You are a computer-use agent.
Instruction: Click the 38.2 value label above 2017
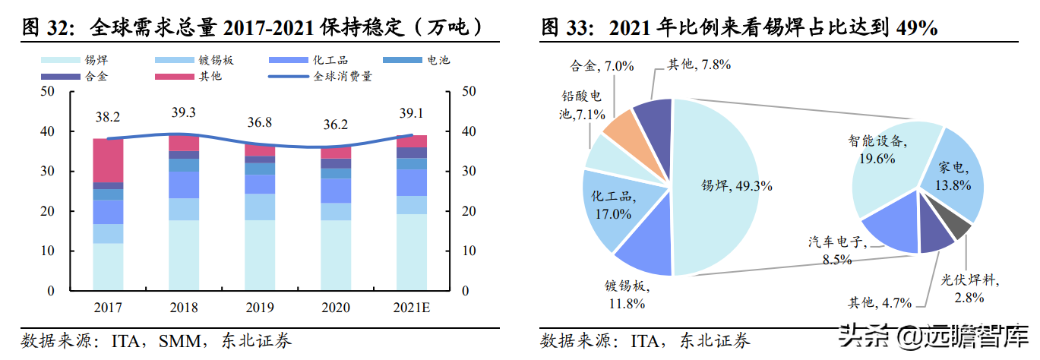click(108, 118)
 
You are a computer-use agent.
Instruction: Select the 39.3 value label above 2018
click(184, 112)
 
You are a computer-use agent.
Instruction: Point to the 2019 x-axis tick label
click(260, 308)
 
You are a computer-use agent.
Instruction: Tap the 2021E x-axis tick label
click(412, 308)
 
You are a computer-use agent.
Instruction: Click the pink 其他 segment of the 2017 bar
click(108, 160)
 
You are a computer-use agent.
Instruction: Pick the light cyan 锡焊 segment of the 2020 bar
click(336, 255)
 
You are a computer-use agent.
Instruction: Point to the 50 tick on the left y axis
click(49, 92)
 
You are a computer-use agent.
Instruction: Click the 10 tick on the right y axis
click(469, 251)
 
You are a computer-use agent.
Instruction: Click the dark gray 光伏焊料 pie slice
click(961, 227)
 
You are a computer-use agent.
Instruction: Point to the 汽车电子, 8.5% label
click(836, 251)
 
